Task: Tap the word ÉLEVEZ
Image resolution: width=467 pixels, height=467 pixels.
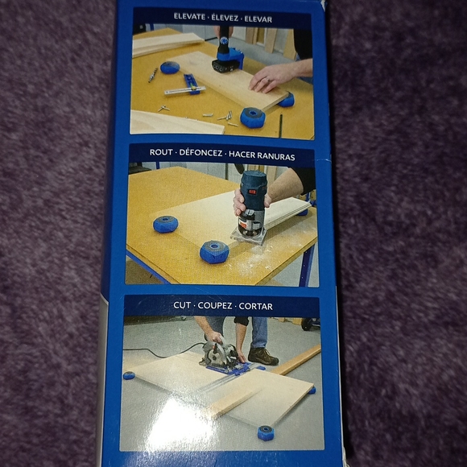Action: click(x=230, y=16)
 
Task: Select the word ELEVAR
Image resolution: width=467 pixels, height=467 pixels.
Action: click(x=267, y=16)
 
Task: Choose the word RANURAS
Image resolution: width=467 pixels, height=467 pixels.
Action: click(x=274, y=153)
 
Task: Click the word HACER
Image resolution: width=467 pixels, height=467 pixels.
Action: click(x=242, y=153)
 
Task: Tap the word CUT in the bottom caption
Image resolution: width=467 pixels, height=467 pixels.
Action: click(x=182, y=306)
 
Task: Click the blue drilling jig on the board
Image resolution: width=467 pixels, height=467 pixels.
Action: click(x=226, y=56)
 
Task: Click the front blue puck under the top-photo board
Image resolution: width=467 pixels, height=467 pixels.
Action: click(x=252, y=118)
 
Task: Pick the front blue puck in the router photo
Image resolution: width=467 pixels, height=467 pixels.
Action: click(x=214, y=251)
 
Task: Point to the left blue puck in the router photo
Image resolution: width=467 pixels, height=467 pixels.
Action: click(x=166, y=224)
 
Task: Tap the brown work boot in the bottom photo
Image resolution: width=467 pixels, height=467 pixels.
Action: click(x=262, y=355)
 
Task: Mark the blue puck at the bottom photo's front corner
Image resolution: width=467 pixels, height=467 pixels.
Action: click(x=265, y=433)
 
